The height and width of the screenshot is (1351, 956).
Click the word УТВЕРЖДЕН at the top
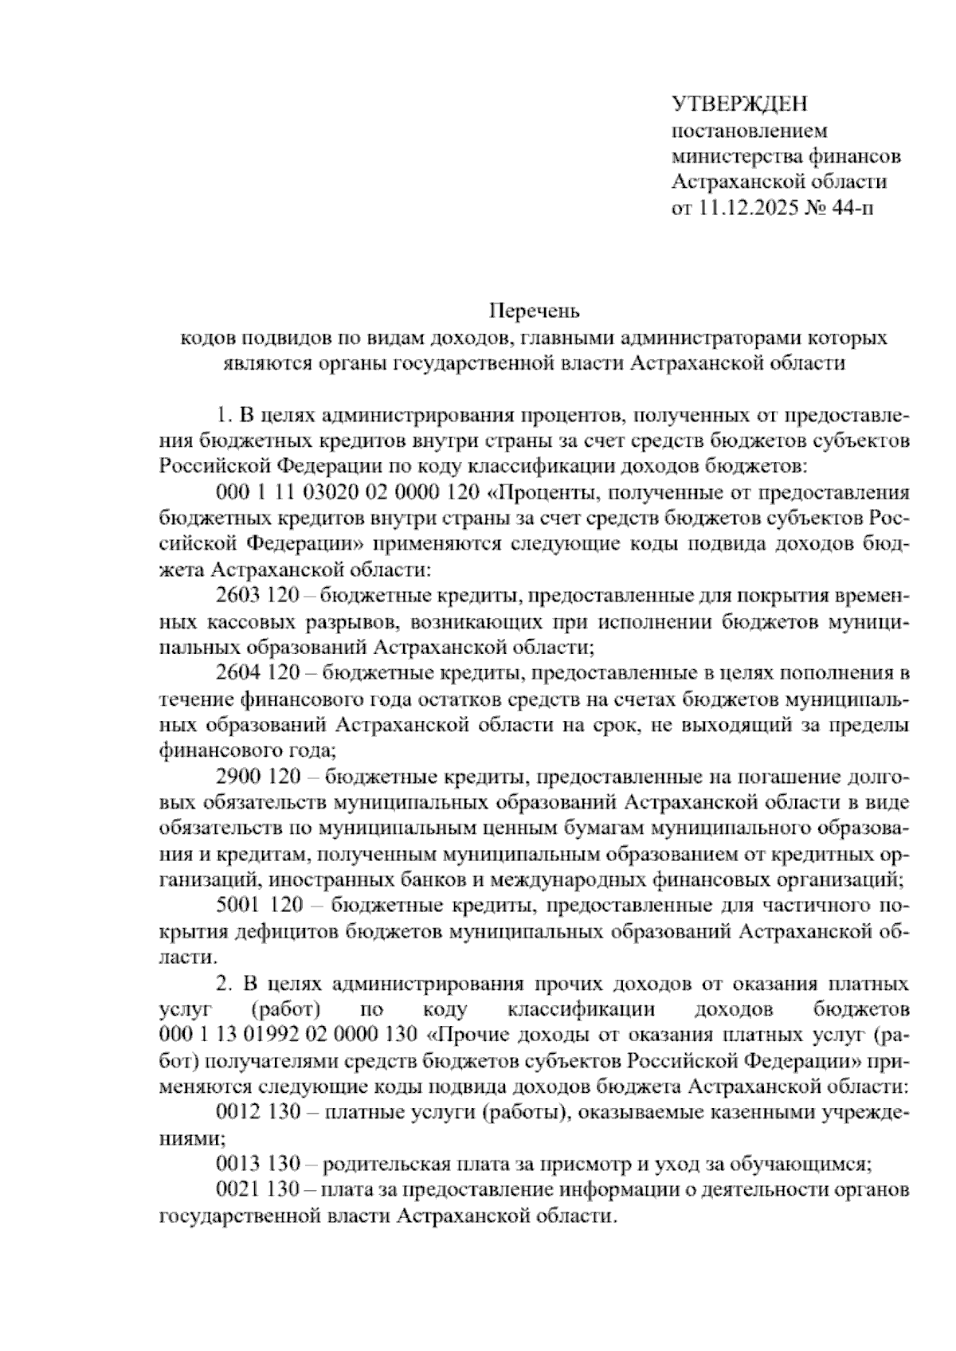740,104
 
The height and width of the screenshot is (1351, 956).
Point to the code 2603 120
257,596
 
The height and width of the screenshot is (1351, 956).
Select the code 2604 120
257,673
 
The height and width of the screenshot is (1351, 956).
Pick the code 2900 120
257,777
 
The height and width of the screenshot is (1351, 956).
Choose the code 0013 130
257,1164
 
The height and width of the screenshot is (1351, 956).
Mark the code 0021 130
257,1190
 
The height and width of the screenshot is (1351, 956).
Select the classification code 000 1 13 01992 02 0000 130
288,1035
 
